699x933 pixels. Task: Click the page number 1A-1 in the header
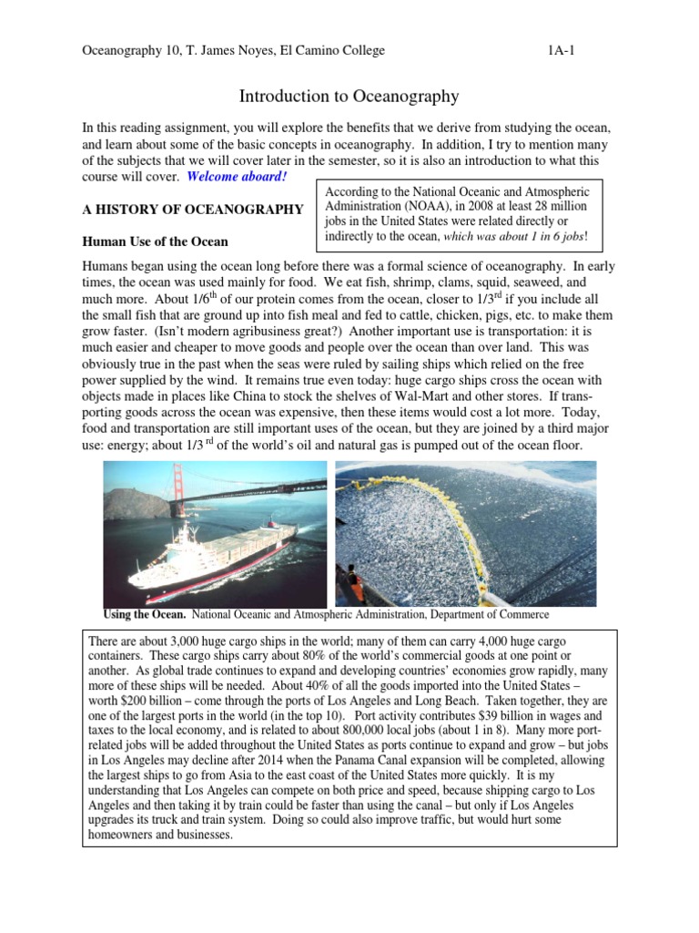click(561, 51)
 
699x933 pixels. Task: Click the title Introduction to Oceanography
click(349, 96)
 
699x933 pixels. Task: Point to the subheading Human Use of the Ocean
click(155, 242)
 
